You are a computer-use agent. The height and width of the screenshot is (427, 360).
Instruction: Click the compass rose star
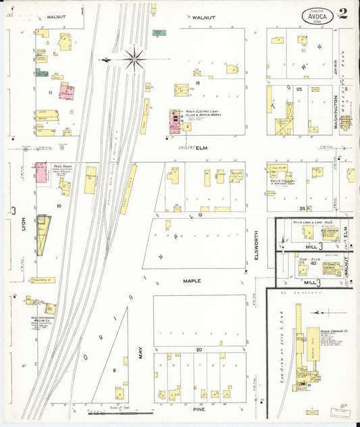[135, 60]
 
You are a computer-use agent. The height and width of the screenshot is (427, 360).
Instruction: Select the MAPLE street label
[192, 280]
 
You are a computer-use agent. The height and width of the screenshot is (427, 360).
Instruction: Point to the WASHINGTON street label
[336, 111]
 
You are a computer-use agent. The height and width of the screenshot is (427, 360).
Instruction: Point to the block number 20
[199, 349]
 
